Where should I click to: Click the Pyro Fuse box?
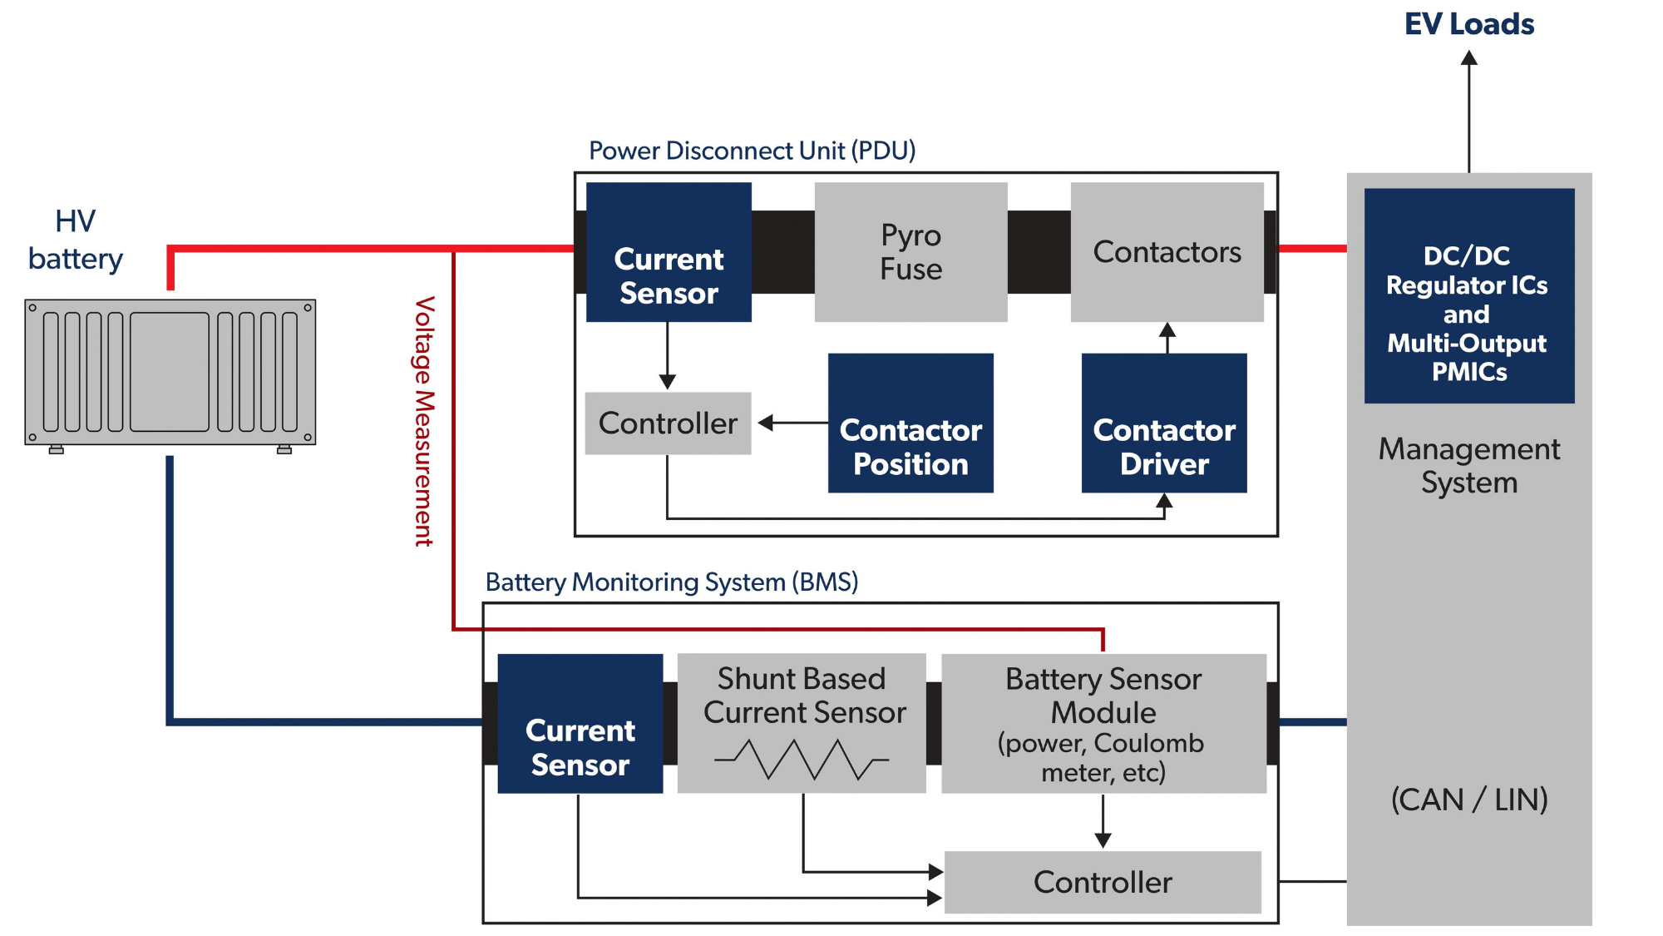[x=910, y=252]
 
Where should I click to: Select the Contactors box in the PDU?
[x=1167, y=252]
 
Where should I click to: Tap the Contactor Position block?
[x=910, y=423]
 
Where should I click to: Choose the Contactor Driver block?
[x=1164, y=423]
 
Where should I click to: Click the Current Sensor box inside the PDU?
[x=669, y=252]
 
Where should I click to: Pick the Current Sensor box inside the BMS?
[x=580, y=724]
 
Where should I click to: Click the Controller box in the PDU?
[x=668, y=423]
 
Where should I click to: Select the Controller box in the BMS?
[x=1103, y=882]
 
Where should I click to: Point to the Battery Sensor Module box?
[x=1103, y=724]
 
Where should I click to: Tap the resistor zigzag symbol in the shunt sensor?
[x=802, y=760]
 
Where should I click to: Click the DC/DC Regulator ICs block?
[x=1468, y=296]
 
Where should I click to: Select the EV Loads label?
[x=1468, y=24]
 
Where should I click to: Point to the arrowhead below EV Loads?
[x=1469, y=58]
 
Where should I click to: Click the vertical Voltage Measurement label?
[x=425, y=421]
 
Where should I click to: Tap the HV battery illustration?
[x=170, y=373]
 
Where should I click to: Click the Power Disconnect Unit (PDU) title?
[x=752, y=151]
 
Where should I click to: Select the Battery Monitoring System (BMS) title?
[x=671, y=582]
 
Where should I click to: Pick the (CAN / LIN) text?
[x=1468, y=800]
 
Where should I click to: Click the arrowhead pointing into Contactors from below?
[x=1167, y=329]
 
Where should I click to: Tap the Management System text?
[x=1468, y=465]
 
